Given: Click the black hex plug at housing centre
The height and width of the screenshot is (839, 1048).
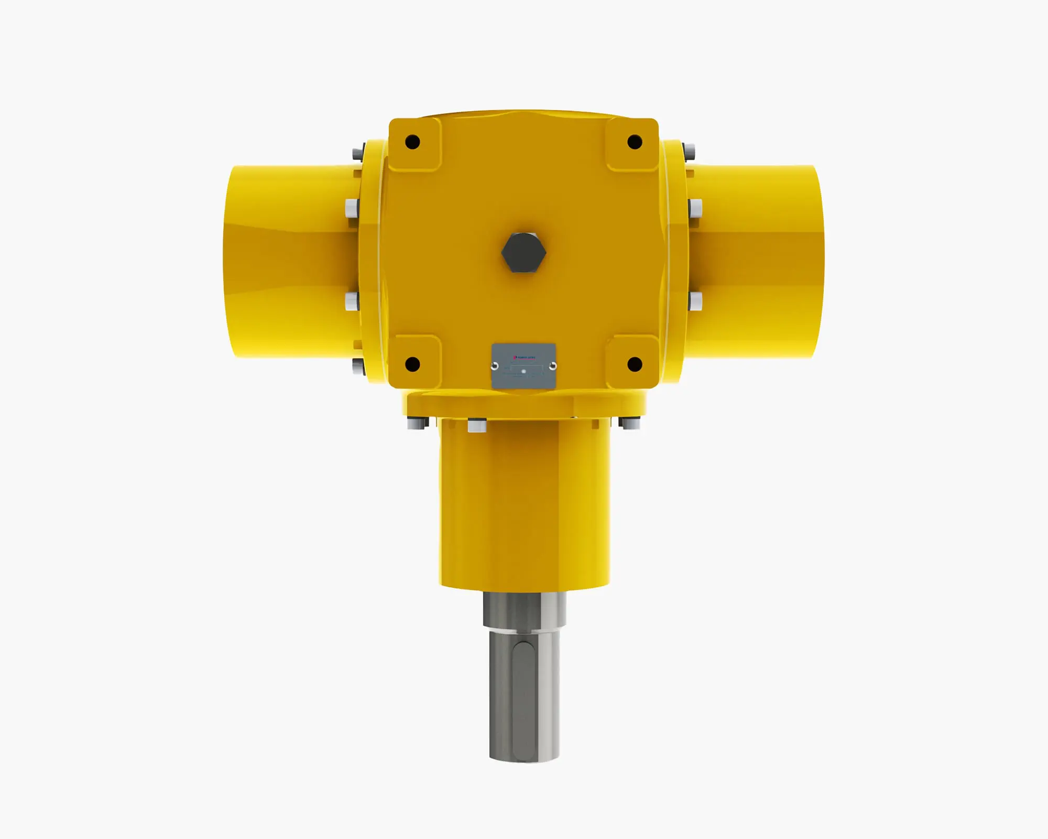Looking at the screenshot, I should tap(523, 252).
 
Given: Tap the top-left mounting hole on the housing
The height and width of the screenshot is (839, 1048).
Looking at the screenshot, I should tap(412, 142).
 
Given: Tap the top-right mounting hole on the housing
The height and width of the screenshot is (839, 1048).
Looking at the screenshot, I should tap(635, 142).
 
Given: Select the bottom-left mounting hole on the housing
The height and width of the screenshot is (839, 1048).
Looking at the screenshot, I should tap(412, 363).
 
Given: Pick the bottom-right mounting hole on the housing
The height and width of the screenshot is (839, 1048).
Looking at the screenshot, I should tap(635, 363).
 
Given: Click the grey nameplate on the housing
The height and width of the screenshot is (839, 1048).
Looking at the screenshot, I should tap(523, 366).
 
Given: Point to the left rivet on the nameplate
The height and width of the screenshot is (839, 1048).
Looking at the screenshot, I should tap(495, 366).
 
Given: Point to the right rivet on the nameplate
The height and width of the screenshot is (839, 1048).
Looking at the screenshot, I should tap(552, 366).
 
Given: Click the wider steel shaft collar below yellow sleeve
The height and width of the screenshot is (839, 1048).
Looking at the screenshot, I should tap(524, 610).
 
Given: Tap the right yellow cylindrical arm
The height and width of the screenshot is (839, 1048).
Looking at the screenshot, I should tap(755, 262).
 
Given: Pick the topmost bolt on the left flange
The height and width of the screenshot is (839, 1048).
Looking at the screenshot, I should tap(357, 153).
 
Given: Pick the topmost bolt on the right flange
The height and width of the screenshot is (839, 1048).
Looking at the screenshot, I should tap(691, 152).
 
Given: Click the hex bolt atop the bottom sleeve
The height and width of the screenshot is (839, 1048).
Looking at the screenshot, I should tap(477, 425).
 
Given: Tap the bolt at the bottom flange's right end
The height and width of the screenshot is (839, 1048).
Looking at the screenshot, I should tap(630, 423).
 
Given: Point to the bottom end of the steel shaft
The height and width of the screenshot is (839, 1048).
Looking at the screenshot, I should tap(524, 755).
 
